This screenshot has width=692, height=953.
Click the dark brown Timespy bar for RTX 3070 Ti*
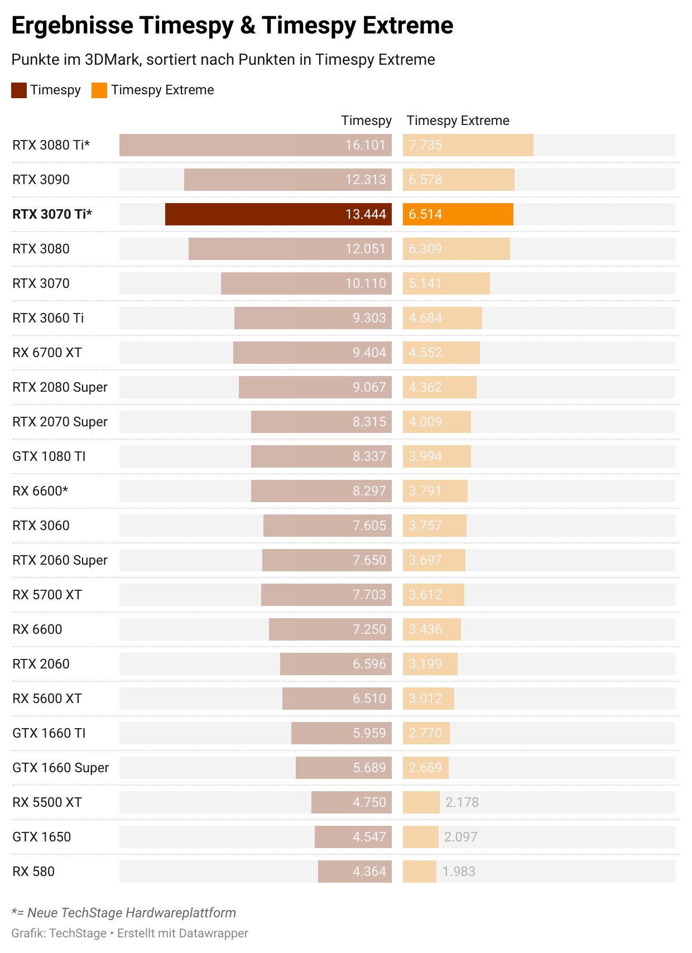click(x=278, y=214)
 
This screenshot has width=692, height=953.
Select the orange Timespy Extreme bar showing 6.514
click(x=458, y=214)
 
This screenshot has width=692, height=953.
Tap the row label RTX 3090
click(x=41, y=180)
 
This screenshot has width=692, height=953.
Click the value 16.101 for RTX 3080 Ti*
click(x=366, y=145)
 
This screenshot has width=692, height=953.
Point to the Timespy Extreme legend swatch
click(x=99, y=90)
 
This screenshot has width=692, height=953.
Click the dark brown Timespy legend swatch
click(x=19, y=90)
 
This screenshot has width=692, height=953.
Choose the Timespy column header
click(x=366, y=121)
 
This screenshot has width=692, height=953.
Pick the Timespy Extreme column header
click(x=458, y=121)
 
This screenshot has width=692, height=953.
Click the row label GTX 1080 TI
click(x=49, y=456)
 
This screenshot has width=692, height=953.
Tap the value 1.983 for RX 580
click(x=459, y=872)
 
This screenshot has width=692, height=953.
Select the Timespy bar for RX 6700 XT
click(x=312, y=353)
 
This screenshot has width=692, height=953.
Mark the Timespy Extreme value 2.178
click(x=462, y=802)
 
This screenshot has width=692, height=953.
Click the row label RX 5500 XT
click(x=47, y=802)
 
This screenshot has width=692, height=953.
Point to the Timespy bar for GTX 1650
click(x=353, y=837)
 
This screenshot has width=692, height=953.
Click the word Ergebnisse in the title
click(x=73, y=26)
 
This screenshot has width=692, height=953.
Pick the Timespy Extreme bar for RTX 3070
click(x=446, y=283)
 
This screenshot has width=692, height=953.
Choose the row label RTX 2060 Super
click(x=60, y=560)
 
